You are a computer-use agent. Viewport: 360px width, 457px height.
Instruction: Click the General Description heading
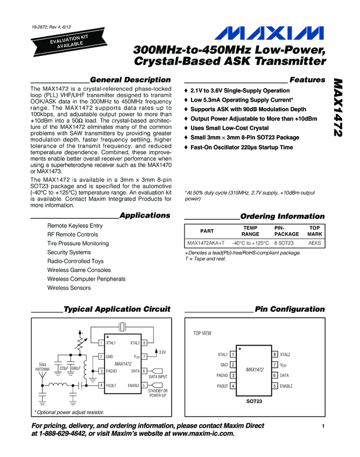[131, 80]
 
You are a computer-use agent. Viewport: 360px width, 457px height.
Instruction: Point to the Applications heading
[145, 216]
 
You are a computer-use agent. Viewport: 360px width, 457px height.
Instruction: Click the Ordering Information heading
[283, 216]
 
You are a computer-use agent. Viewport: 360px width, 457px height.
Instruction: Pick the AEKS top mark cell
[314, 244]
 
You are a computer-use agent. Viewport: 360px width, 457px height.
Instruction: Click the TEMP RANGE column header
[250, 231]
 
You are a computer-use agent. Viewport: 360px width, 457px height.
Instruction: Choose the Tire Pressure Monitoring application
[77, 244]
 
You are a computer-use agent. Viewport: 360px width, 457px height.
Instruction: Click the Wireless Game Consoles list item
[79, 270]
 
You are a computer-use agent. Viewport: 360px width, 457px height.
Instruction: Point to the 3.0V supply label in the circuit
[161, 352]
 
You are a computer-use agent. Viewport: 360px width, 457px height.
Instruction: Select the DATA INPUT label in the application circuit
[158, 377]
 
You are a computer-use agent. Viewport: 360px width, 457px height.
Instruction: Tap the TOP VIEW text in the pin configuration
[202, 334]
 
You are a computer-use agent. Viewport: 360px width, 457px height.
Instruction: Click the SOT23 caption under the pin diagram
[254, 402]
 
